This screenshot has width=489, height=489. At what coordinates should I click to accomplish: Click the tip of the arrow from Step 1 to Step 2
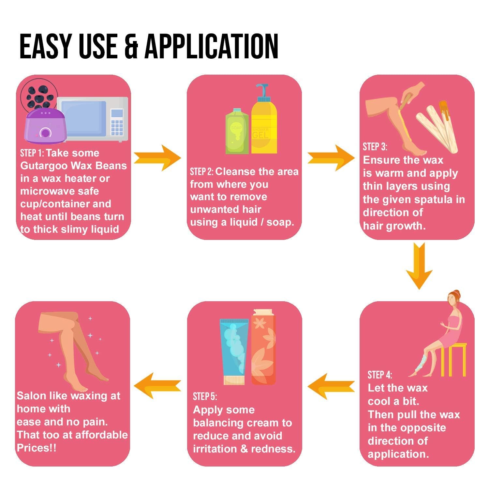click(x=181, y=158)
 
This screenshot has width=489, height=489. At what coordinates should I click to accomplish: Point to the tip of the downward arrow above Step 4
click(x=419, y=289)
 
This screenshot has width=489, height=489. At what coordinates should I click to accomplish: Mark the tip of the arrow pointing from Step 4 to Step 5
click(x=307, y=386)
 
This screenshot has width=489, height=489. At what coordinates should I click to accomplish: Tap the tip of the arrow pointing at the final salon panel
click(x=134, y=386)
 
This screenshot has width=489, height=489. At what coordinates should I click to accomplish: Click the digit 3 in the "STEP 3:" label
click(x=382, y=147)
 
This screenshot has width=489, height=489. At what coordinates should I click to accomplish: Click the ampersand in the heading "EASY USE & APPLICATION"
click(x=132, y=46)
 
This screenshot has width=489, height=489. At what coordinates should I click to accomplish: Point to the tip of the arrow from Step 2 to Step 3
click(x=355, y=158)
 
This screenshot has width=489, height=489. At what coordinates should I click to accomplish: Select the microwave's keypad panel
click(x=117, y=122)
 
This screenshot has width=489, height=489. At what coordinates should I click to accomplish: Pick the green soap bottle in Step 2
click(x=237, y=131)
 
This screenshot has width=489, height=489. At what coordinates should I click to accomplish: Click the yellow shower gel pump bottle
click(x=264, y=119)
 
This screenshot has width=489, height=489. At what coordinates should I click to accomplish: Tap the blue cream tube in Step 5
click(x=234, y=351)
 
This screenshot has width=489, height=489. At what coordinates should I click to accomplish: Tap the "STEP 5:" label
click(x=205, y=396)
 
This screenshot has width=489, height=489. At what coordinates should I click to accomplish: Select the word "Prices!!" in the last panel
click(x=37, y=448)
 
